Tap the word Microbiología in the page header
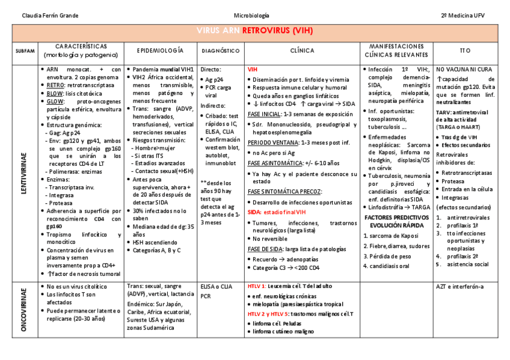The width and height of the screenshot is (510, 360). pyautogui.click(x=251, y=15)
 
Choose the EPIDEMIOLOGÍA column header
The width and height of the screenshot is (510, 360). pyautogui.click(x=161, y=51)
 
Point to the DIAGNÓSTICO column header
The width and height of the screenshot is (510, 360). pyautogui.click(x=221, y=51)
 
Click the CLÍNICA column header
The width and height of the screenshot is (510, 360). pyautogui.click(x=302, y=51)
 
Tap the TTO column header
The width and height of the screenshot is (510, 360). pyautogui.click(x=465, y=51)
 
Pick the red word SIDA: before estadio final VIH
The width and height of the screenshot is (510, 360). pyautogui.click(x=254, y=212)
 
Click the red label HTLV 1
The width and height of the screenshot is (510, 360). pyautogui.click(x=257, y=287)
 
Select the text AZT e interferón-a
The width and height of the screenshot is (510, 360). pyautogui.click(x=460, y=287)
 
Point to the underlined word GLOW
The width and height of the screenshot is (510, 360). pyautogui.click(x=55, y=102)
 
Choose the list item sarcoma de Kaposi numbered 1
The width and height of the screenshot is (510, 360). pyautogui.click(x=393, y=236)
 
